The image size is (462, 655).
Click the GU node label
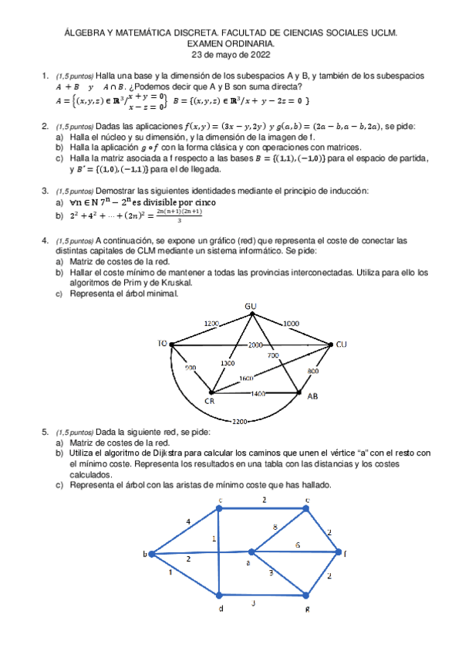tap(251, 307)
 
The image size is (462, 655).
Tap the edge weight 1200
tap(211, 323)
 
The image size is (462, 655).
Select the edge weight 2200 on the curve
tap(239, 420)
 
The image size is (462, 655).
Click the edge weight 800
tap(313, 372)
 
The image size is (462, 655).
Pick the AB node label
tap(312, 396)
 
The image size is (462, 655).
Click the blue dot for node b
tap(152, 554)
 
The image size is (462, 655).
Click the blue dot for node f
tap(336, 551)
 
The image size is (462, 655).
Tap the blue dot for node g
tap(306, 596)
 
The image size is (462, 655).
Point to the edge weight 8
tap(275, 527)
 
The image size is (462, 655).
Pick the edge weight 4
tap(188, 522)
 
